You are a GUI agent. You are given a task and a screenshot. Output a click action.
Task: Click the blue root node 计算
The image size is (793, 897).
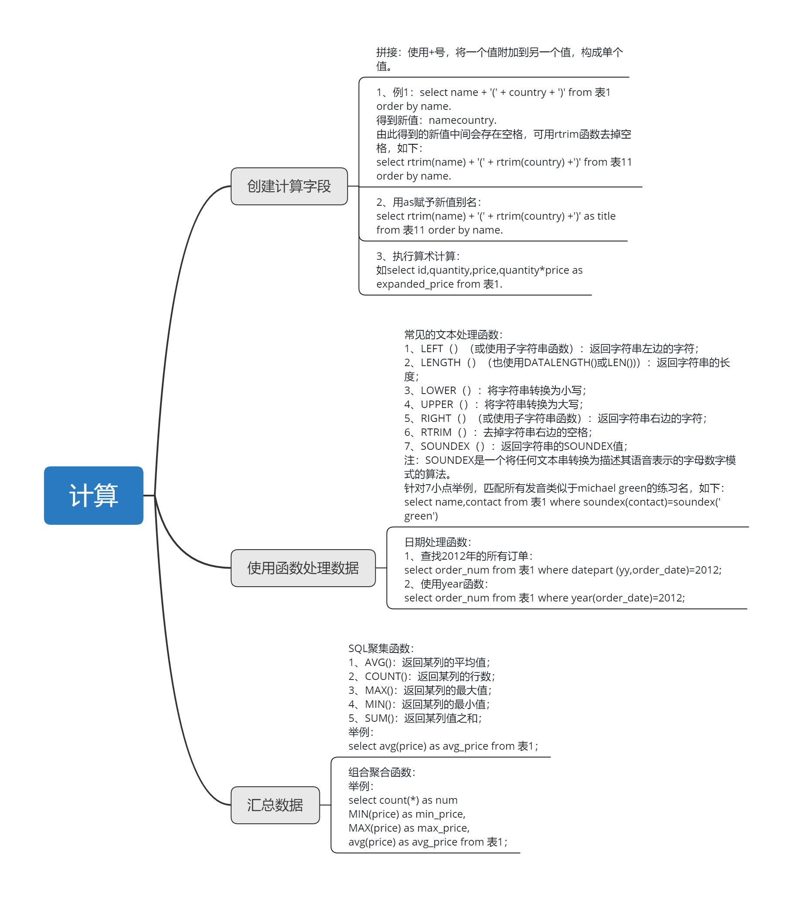point(93,495)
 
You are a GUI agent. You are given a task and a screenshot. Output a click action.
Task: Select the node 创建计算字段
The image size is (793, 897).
point(289,186)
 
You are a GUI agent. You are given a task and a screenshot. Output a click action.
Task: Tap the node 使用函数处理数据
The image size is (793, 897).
point(303,568)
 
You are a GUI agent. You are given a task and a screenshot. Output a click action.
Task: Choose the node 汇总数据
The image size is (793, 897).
point(275,805)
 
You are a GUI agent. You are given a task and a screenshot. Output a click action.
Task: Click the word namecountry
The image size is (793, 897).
point(462,120)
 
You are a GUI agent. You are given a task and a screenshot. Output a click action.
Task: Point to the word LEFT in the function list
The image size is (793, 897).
point(432,348)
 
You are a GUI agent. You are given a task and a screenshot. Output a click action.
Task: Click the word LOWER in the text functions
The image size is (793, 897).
point(438,390)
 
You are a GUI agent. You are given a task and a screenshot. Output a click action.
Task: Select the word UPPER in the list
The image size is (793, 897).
point(437,404)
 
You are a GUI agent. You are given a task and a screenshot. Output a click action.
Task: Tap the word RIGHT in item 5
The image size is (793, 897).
point(436,418)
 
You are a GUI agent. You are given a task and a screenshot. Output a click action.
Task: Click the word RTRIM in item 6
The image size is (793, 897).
point(436,432)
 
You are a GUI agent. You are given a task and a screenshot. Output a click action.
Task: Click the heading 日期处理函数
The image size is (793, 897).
point(438,542)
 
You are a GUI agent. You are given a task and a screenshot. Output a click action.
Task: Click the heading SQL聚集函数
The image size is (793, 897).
point(381,648)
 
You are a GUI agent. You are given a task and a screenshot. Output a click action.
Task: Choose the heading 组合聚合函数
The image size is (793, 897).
point(382,772)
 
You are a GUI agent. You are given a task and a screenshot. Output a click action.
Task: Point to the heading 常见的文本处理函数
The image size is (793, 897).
point(453,335)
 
